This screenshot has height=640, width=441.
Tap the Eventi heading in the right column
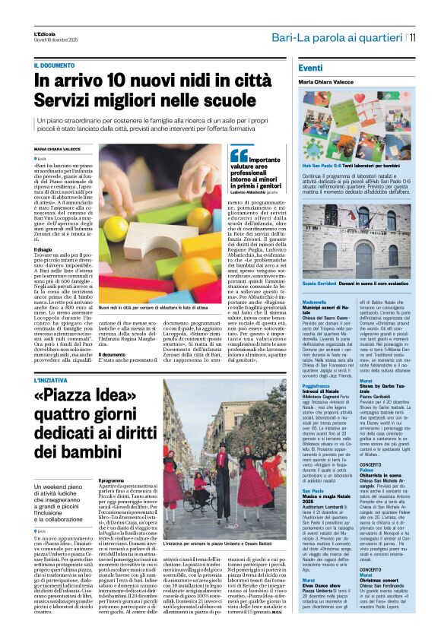[310, 68]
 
